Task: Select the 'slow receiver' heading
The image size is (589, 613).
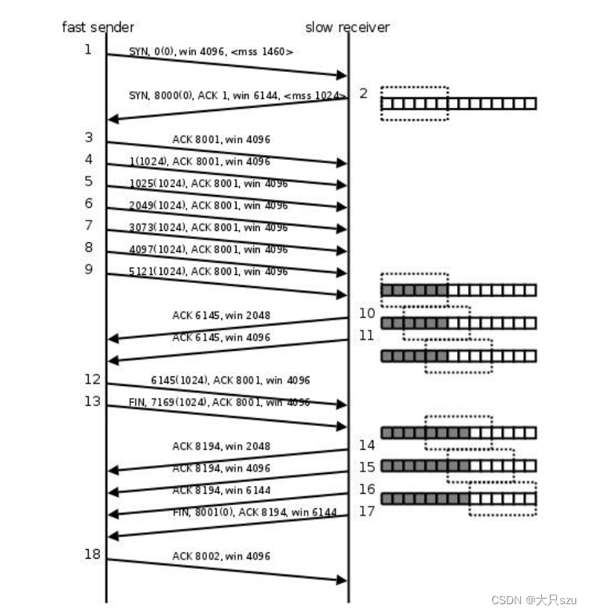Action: [347, 27]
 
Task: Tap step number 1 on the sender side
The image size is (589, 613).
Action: [89, 50]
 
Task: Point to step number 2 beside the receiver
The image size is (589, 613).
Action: [364, 94]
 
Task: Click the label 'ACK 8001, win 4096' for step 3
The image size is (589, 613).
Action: [221, 139]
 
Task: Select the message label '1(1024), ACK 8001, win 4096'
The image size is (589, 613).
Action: [198, 161]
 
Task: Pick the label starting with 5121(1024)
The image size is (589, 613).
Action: [208, 272]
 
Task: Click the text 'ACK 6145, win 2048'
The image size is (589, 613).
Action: [221, 316]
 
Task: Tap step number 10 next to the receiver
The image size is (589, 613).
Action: [367, 313]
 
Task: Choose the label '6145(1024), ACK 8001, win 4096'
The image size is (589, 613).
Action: [230, 380]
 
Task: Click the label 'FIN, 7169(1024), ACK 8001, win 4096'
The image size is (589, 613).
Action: [219, 403]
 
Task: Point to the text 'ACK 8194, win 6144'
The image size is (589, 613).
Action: [221, 490]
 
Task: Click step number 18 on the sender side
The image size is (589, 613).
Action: [93, 554]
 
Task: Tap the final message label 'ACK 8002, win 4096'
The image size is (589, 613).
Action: [221, 556]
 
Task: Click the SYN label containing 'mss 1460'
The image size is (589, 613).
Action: [211, 52]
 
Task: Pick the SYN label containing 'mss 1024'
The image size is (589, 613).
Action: [237, 96]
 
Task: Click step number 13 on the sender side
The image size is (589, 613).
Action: [93, 400]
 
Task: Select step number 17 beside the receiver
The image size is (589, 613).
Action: [367, 511]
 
